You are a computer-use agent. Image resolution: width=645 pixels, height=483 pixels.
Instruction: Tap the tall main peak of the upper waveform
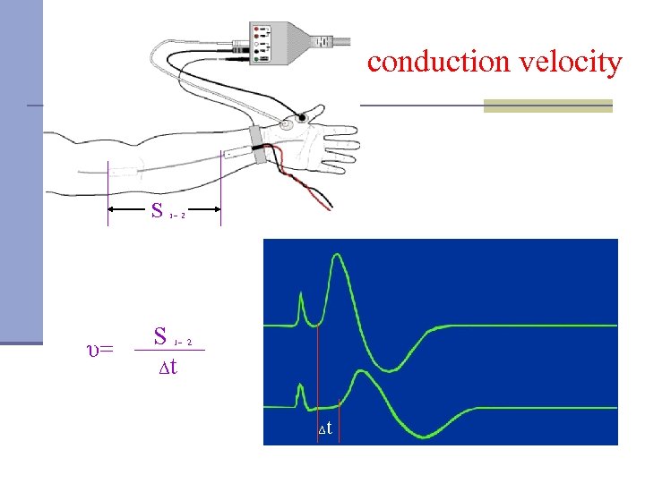pyautogui.click(x=337, y=258)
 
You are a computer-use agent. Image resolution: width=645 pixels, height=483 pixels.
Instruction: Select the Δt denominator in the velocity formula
pyautogui.click(x=168, y=367)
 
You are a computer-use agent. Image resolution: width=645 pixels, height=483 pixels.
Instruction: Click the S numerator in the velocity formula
pyautogui.click(x=161, y=337)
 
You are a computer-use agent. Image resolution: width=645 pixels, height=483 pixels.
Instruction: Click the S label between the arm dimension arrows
pyautogui.click(x=158, y=212)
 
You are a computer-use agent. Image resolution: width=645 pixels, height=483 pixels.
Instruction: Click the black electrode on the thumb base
pyautogui.click(x=301, y=117)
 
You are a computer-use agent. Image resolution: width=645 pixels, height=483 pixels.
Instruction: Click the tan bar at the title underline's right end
pyautogui.click(x=547, y=106)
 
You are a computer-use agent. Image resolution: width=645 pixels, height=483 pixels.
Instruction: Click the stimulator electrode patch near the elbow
pyautogui.click(x=125, y=170)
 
